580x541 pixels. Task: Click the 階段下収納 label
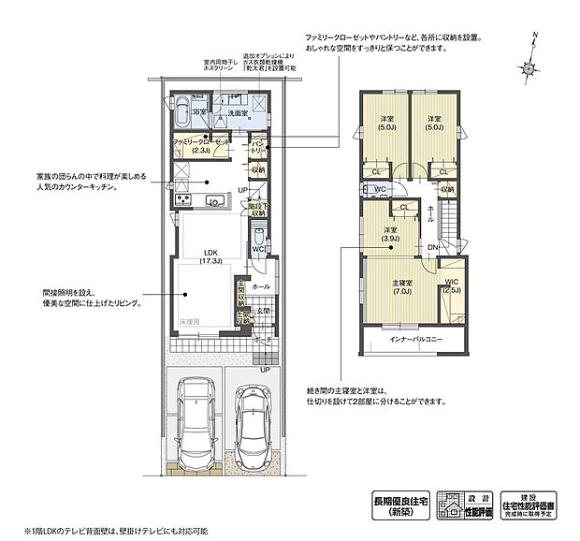point(259,207)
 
